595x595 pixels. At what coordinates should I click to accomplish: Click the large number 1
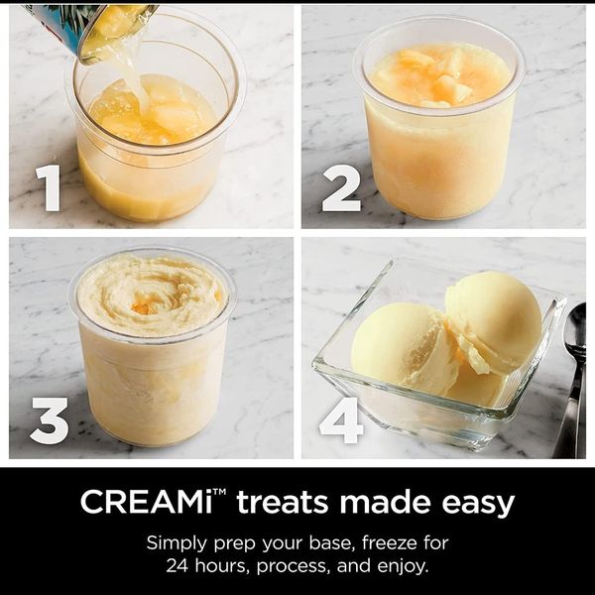pos(49,187)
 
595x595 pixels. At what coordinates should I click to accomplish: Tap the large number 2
pos(341,187)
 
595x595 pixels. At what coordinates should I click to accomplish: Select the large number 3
pos(50,420)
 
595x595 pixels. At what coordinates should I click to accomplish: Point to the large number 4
pos(341,420)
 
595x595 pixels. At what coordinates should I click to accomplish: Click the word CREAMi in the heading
pos(147,502)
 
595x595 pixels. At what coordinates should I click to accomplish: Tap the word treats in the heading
pos(283,502)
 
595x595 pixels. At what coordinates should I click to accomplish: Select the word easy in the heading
pos(478,504)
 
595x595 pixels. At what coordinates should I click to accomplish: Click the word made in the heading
pos(385,502)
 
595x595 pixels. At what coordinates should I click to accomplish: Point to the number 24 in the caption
pos(178,566)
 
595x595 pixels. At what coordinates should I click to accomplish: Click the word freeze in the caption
pos(390,542)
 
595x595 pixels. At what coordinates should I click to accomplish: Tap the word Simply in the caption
pos(178,544)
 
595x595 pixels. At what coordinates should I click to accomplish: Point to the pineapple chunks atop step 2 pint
pos(436,77)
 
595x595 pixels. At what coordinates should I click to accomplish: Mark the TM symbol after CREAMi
pos(219,492)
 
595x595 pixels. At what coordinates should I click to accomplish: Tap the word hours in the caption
pos(222,566)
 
